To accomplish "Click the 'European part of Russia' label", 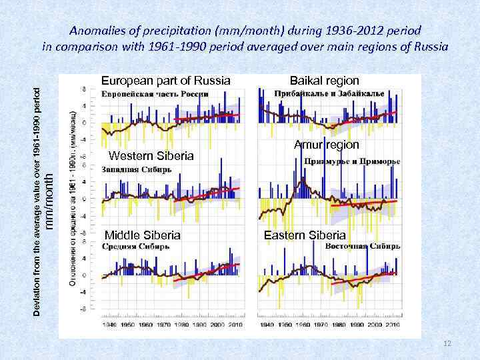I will [x=166, y=81].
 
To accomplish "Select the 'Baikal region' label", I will [x=324, y=81].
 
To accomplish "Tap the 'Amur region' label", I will [x=327, y=145].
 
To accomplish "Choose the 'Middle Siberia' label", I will [x=143, y=235].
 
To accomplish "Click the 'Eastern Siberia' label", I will [x=305, y=235].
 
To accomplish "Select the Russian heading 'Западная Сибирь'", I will [x=136, y=169].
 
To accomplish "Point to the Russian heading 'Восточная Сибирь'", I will [x=363, y=246].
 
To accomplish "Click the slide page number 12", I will [x=447, y=343].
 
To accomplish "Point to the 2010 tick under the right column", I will [x=393, y=325].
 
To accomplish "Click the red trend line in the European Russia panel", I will [x=207, y=117].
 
